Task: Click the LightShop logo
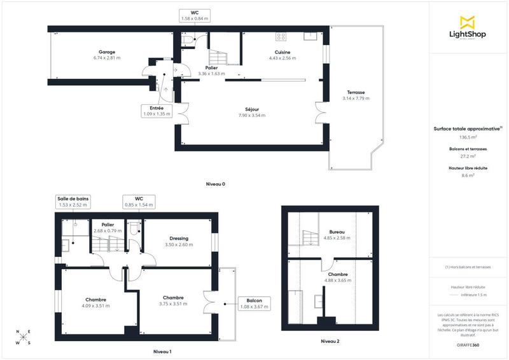pos(468,29)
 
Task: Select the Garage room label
pos(106,52)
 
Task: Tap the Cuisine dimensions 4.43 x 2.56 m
pos(283,58)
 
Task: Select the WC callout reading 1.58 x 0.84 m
pos(195,16)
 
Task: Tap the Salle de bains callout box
pos(73,202)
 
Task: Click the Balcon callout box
pos(254,303)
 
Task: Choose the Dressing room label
pos(178,239)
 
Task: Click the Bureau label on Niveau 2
pos(330,232)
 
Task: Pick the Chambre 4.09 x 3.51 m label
pos(96,299)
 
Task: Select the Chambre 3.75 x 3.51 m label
pos(173,298)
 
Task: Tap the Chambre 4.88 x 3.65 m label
pos(330,275)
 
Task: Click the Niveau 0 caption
pos(216,184)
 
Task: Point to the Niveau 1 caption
pos(162,351)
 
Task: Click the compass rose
pos(24,337)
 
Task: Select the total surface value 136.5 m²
pos(468,137)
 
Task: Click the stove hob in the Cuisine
pos(281,36)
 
